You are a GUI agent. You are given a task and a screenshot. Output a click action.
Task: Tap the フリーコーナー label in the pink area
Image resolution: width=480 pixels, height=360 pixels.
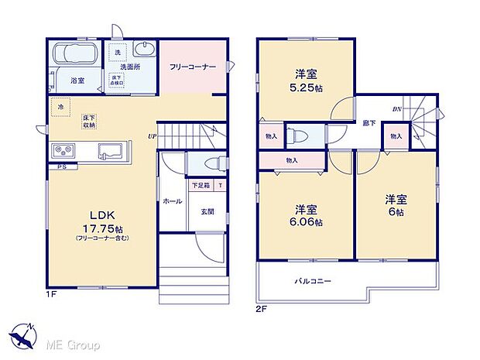[193, 67]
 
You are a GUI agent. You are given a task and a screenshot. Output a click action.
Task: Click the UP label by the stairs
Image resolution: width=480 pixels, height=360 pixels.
[153, 137]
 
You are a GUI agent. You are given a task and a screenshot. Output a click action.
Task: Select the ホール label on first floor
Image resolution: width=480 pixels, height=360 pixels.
[173, 201]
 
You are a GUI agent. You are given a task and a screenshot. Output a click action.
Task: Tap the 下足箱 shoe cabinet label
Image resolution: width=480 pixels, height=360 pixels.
[201, 186]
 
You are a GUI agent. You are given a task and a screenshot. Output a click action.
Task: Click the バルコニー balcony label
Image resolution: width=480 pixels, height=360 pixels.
[313, 281]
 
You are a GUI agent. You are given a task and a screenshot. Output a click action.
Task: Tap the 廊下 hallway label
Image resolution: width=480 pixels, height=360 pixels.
[369, 122]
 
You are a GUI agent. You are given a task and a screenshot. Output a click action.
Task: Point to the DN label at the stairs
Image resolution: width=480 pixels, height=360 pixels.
[396, 108]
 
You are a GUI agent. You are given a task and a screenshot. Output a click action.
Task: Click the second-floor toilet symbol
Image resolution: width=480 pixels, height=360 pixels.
[300, 136]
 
